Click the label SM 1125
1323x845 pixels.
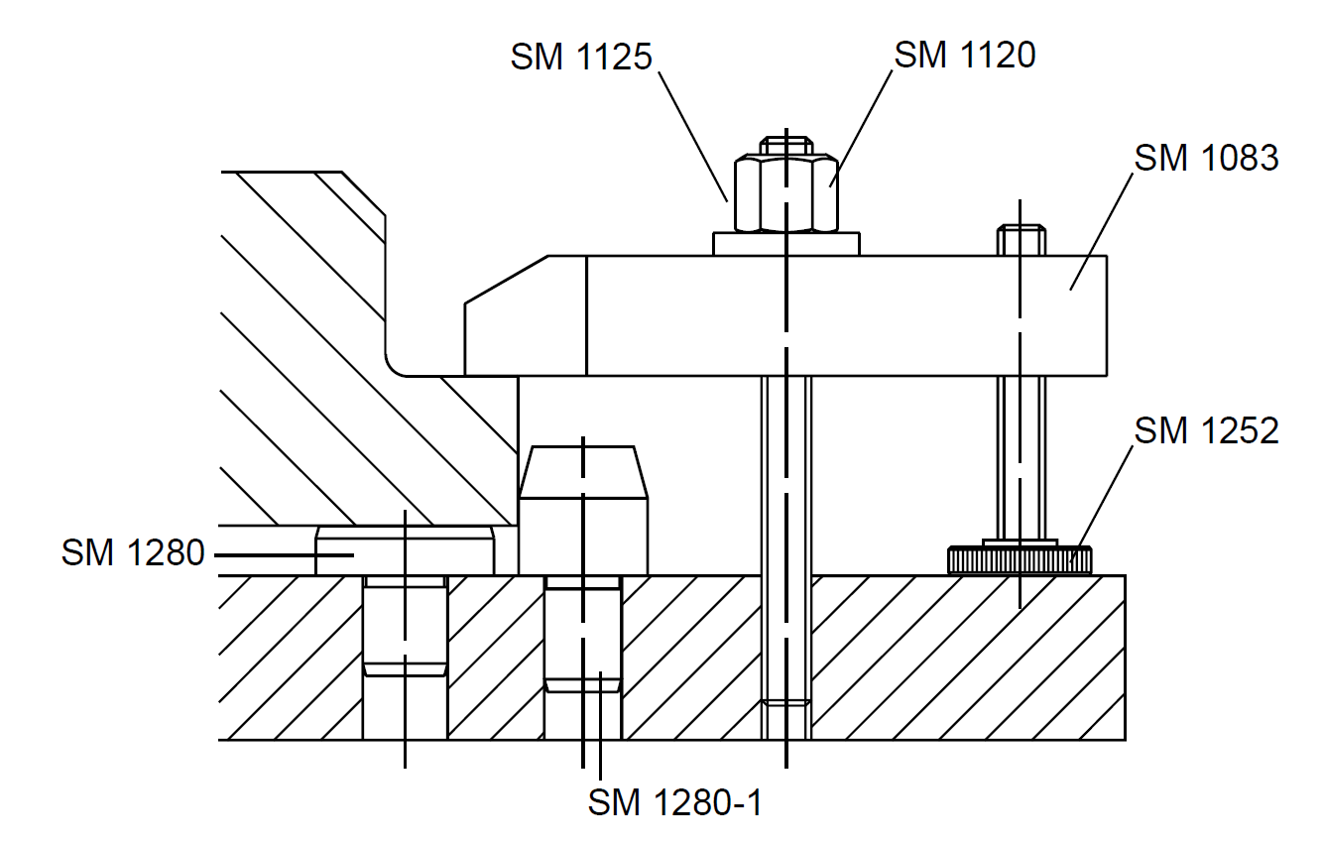pyautogui.click(x=581, y=57)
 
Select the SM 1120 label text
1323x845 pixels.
pyautogui.click(x=964, y=55)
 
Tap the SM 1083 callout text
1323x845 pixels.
pyautogui.click(x=1206, y=158)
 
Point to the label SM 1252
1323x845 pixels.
pyautogui.click(x=1206, y=430)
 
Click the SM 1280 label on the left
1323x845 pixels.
pyautogui.click(x=133, y=552)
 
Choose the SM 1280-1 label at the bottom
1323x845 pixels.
pyautogui.click(x=675, y=802)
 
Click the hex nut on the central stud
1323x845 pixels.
pyautogui.click(x=785, y=192)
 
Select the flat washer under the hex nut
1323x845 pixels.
pyautogui.click(x=785, y=244)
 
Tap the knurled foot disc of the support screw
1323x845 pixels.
pyautogui.click(x=1020, y=560)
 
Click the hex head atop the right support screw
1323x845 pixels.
pyautogui.click(x=1021, y=240)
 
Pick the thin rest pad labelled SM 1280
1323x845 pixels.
pyautogui.click(x=405, y=550)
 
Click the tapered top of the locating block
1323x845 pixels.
pyautogui.click(x=583, y=472)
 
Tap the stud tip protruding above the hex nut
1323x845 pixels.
pyautogui.click(x=786, y=145)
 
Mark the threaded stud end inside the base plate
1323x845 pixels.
pyautogui.click(x=785, y=719)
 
